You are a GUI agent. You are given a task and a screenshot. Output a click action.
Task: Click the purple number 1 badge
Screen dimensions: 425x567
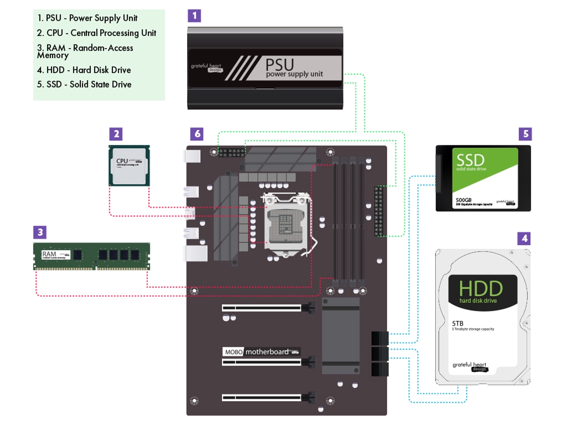(x=194, y=16)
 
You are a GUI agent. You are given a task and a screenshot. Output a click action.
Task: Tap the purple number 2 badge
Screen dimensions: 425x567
(x=115, y=134)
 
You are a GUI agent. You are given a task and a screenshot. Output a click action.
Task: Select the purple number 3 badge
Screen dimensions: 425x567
(x=40, y=232)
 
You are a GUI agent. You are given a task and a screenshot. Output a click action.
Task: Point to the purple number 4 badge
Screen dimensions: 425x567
(x=524, y=238)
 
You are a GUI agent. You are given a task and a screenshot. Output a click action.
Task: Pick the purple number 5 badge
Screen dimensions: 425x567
(x=524, y=134)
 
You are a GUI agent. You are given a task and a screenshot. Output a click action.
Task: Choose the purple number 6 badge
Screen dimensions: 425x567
(x=197, y=134)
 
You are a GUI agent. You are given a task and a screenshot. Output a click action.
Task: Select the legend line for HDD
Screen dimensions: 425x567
(x=88, y=70)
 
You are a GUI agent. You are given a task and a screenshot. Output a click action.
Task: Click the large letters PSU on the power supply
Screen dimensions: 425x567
(x=280, y=64)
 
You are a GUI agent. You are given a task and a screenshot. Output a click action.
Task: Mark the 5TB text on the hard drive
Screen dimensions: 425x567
(x=458, y=323)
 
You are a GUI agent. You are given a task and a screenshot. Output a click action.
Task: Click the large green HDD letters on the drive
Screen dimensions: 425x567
(x=481, y=288)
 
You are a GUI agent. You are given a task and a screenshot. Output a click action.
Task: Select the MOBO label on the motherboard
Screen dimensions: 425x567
(x=233, y=352)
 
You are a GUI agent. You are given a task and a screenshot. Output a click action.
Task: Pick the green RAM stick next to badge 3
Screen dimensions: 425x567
(x=92, y=256)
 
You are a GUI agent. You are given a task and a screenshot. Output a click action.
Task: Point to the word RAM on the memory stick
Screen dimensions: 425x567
(x=49, y=254)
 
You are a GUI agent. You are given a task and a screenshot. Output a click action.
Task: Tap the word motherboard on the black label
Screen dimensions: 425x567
(x=267, y=352)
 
